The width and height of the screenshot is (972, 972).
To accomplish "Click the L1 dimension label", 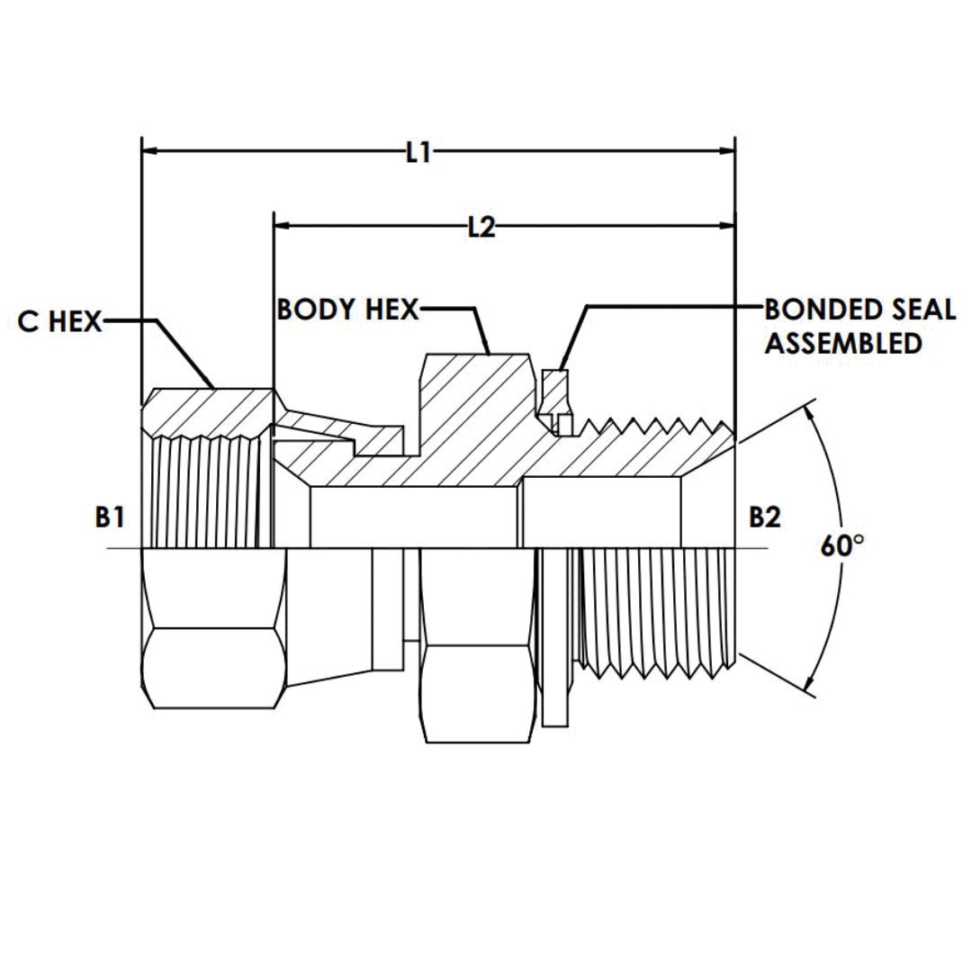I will pos(418,153).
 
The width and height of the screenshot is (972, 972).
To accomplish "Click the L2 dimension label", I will pos(482,229).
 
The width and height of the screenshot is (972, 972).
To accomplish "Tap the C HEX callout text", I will pos(60,322).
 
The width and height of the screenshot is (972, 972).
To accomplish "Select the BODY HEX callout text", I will pos(348,310).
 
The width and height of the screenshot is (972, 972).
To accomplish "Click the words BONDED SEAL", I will pos(859,310).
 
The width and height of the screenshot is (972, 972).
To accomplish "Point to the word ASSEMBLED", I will pos(842,343).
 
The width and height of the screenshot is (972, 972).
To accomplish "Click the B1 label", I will pos(109,517).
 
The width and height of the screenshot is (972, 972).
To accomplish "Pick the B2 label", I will pos(764,517).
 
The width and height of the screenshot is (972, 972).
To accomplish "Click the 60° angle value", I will pos(841,546).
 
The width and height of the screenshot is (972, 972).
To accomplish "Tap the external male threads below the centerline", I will pos(657,612).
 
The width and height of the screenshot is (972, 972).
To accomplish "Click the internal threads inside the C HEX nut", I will pos(207,490).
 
